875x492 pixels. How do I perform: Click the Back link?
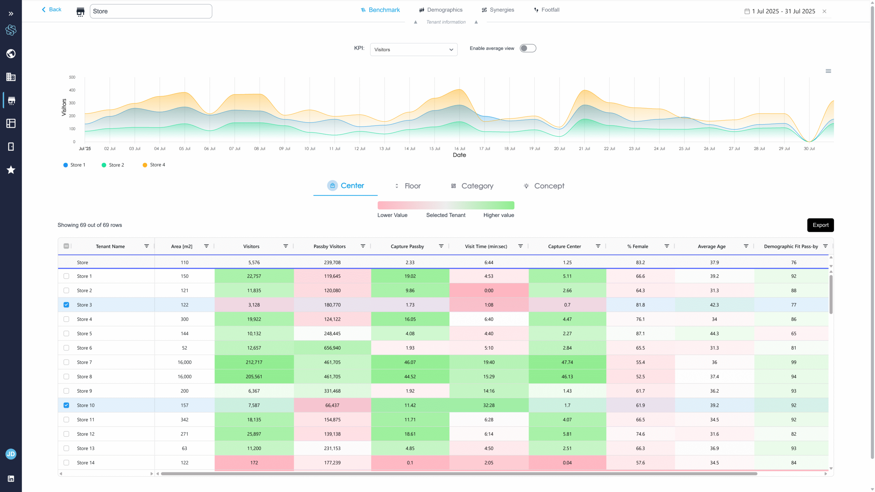[x=52, y=10]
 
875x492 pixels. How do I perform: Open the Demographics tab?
[x=441, y=10]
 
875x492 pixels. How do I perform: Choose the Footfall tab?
[x=547, y=10]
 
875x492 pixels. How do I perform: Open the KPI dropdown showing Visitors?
[x=414, y=50]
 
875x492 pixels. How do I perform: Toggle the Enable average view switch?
[x=528, y=48]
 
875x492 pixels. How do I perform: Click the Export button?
[x=820, y=225]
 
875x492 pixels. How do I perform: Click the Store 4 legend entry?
[x=154, y=165]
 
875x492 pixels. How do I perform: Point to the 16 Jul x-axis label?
[x=459, y=149]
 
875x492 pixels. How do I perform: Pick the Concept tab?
[x=544, y=186]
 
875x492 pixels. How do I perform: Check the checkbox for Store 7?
[x=66, y=362]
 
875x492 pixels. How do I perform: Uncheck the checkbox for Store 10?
[x=66, y=405]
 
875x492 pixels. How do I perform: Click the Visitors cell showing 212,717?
[x=254, y=362]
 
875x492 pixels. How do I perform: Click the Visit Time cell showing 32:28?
[x=489, y=405]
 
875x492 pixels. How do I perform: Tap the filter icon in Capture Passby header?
[x=441, y=246]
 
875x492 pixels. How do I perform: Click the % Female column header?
[x=637, y=246]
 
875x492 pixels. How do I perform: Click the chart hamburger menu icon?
[x=828, y=71]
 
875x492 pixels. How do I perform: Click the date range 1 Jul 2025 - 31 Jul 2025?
[x=783, y=11]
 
